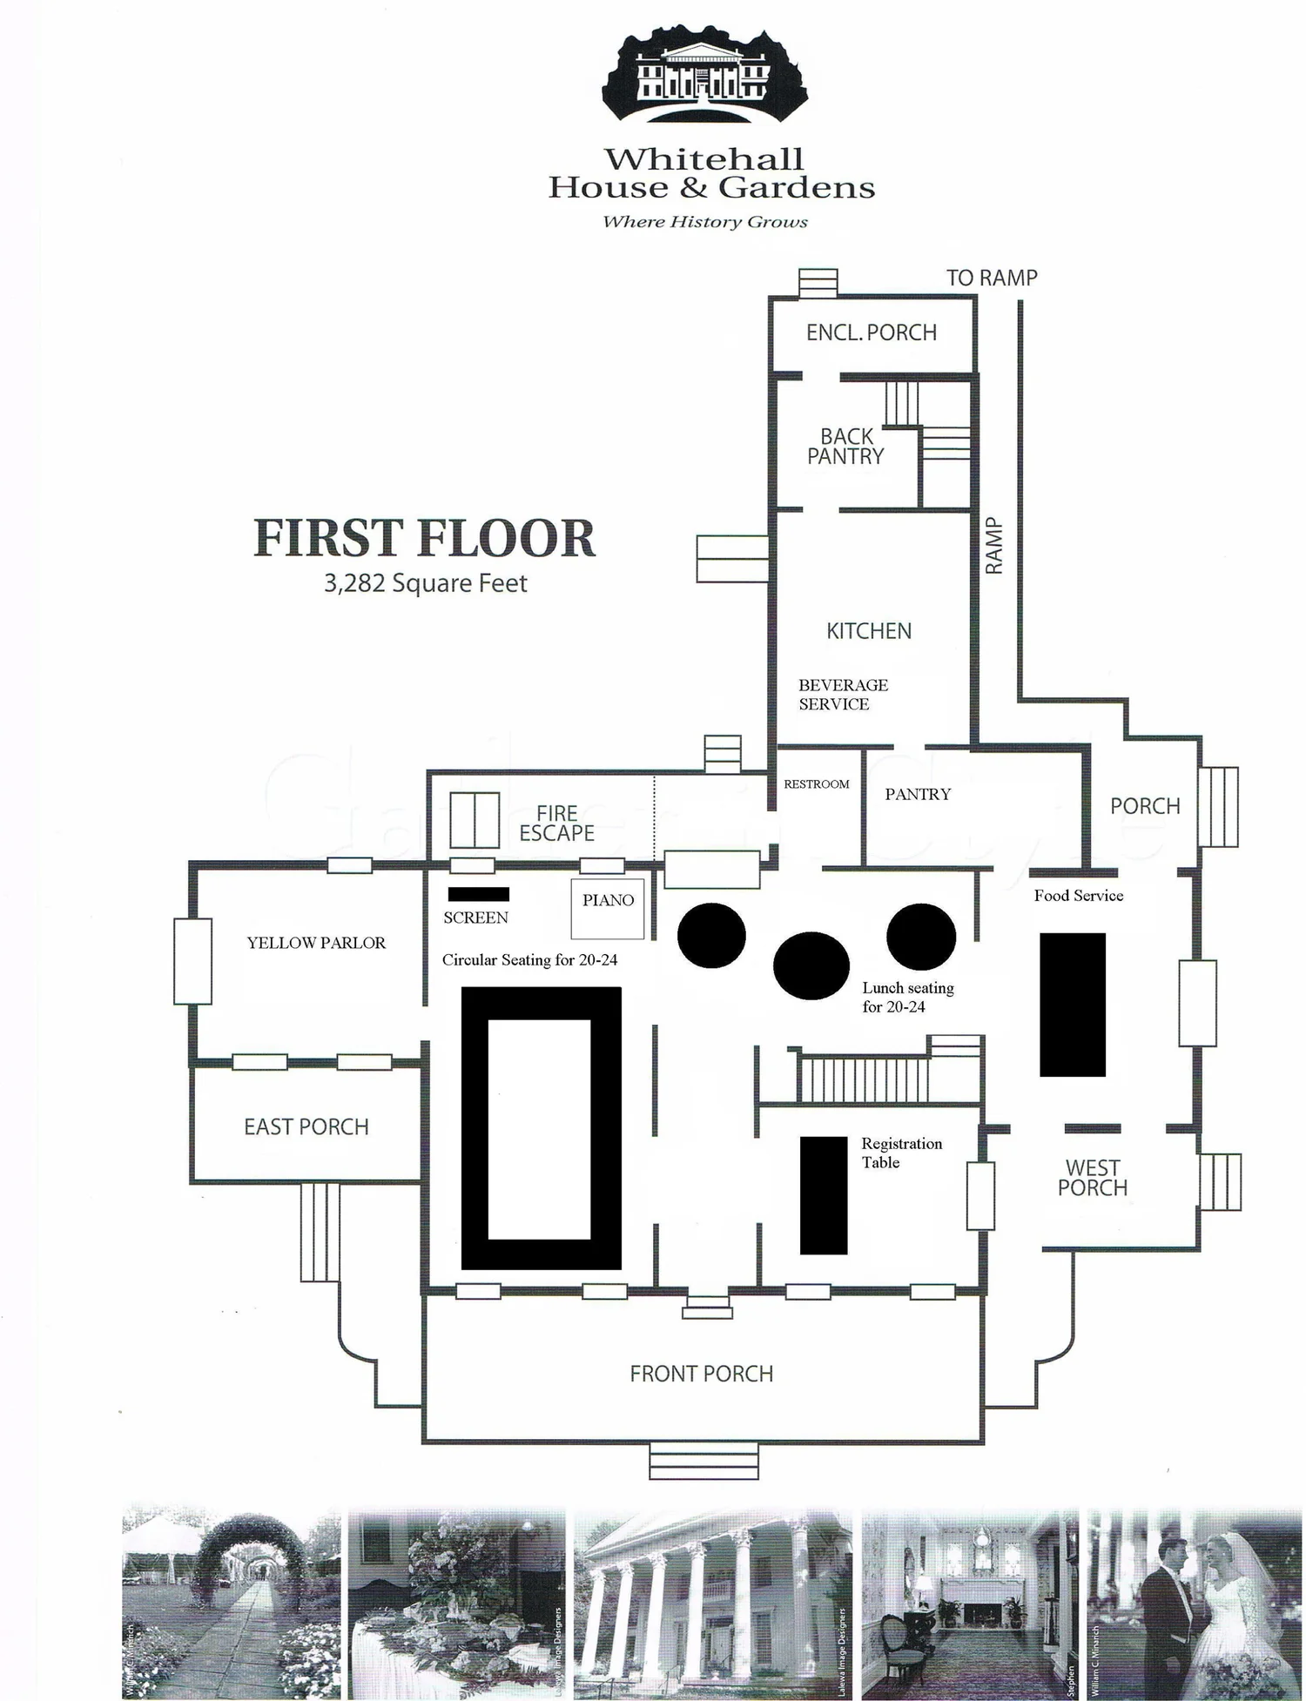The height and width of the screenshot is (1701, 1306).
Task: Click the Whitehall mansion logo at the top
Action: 704,74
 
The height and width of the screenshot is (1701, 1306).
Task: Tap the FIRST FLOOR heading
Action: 424,538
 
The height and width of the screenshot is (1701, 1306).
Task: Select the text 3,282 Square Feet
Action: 425,583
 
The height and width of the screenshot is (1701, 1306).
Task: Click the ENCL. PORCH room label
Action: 871,333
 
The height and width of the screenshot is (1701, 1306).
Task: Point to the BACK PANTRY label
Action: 845,447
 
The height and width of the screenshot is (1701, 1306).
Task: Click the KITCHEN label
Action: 869,631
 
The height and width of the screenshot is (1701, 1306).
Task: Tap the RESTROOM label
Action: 816,784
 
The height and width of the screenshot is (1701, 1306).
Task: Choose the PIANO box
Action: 608,908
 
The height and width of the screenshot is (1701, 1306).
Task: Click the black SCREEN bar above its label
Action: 478,894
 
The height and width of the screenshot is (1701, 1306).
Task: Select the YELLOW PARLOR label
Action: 316,943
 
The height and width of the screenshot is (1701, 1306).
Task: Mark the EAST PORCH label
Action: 306,1127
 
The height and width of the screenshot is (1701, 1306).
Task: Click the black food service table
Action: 1073,1005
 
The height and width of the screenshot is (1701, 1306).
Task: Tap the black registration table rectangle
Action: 824,1195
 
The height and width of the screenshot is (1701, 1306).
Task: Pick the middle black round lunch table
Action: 811,966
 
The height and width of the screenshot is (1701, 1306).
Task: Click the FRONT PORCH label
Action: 702,1374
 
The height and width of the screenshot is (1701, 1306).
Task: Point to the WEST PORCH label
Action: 1093,1178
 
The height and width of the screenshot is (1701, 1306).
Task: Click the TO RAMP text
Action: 992,278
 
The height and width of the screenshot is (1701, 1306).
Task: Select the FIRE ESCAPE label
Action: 556,823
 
